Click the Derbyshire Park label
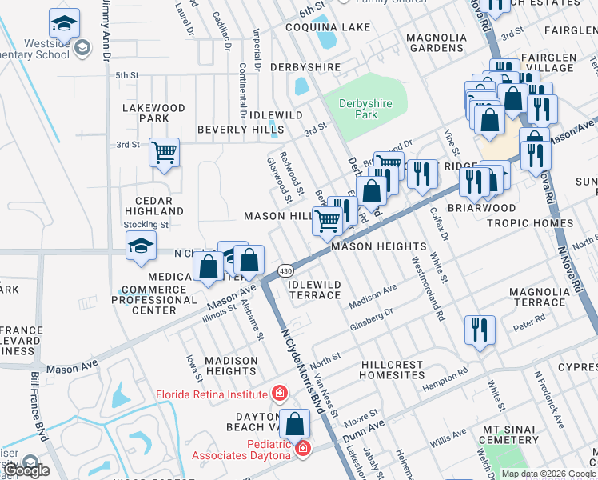(357, 109)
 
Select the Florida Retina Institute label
(211, 394)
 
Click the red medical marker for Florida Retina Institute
(279, 394)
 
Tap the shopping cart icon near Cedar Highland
(164, 152)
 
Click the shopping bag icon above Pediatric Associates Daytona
(295, 423)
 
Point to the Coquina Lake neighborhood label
(335, 27)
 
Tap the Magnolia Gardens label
(437, 42)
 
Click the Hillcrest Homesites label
(392, 370)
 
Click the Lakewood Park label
(153, 113)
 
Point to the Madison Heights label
(231, 366)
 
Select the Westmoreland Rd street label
(429, 288)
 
